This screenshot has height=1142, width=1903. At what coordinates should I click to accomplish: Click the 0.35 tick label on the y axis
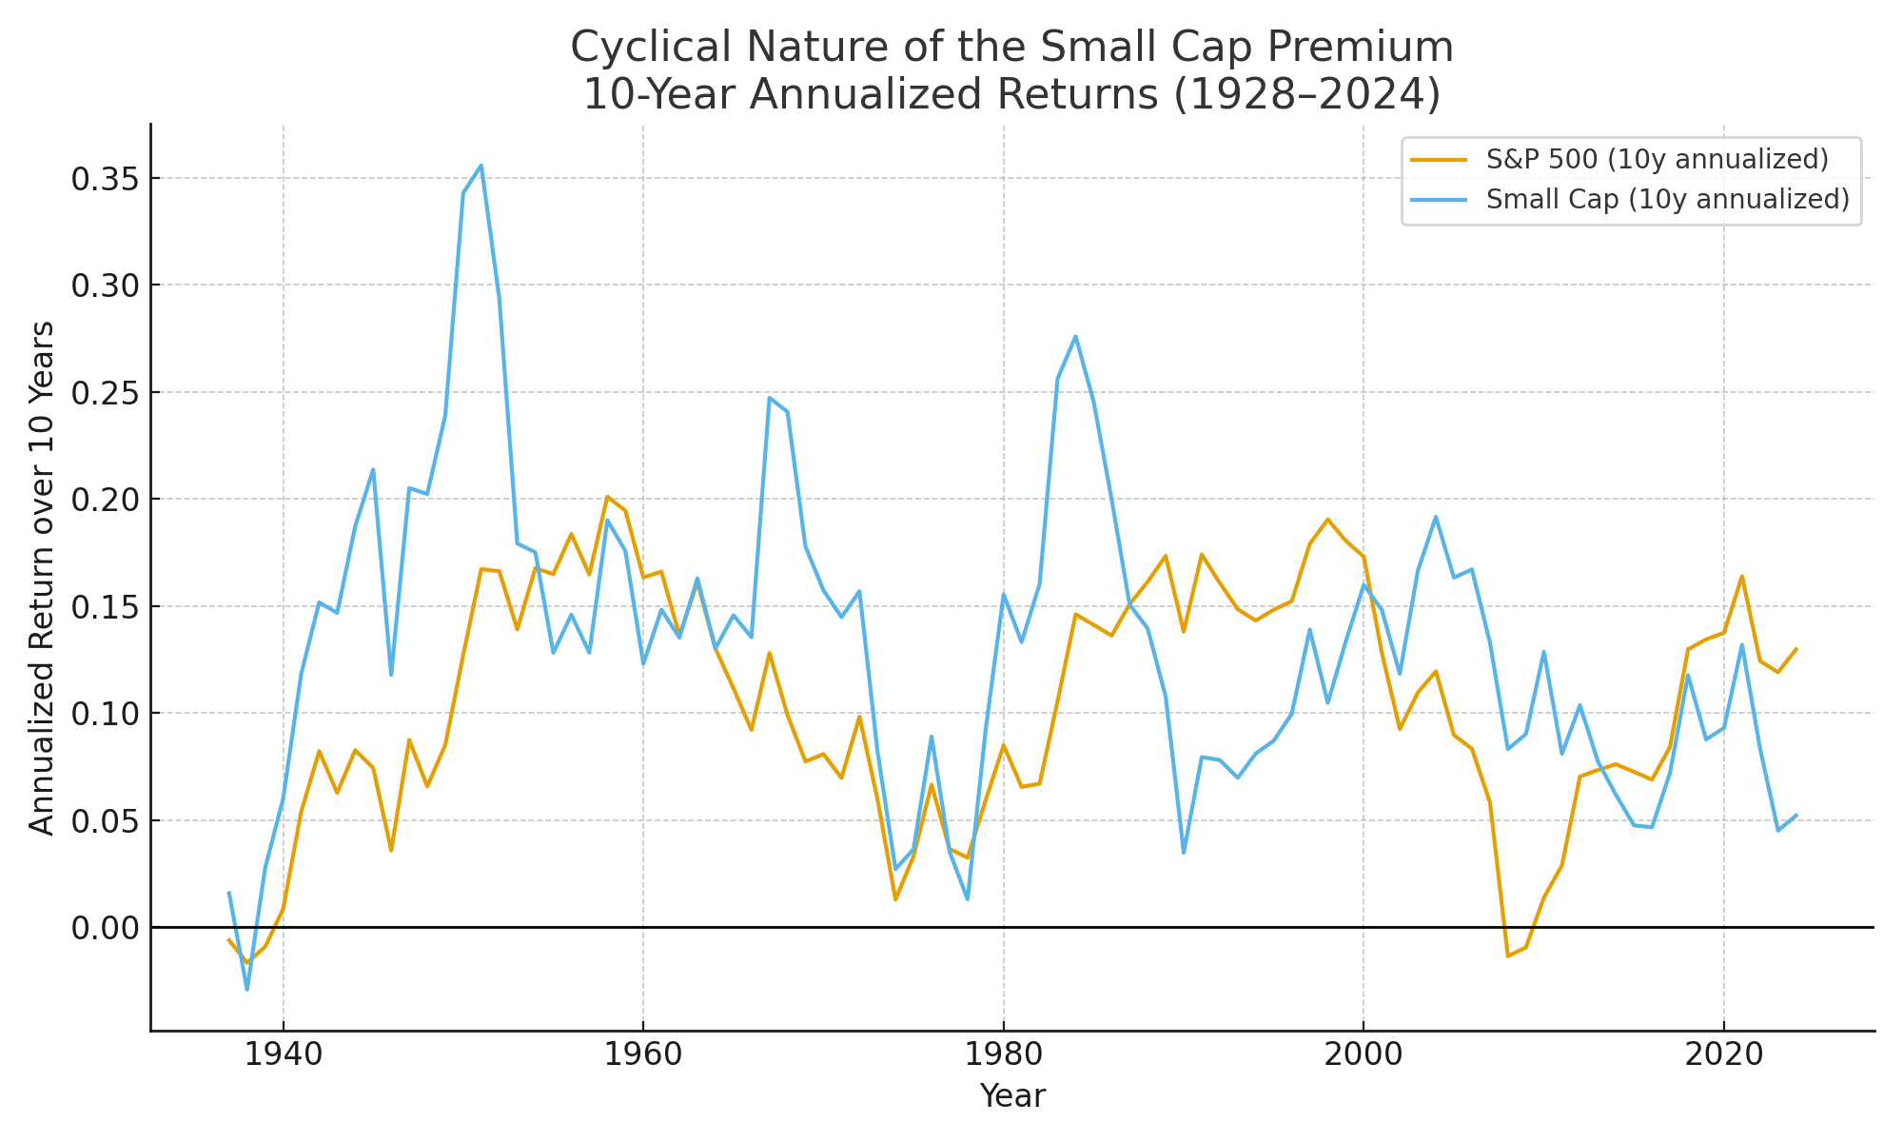pyautogui.click(x=104, y=179)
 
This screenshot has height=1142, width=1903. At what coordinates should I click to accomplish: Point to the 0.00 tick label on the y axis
pyautogui.click(x=104, y=928)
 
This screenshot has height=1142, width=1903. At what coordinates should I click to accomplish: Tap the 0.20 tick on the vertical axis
pyautogui.click(x=104, y=500)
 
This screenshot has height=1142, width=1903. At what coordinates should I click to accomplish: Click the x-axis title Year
pyautogui.click(x=1012, y=1097)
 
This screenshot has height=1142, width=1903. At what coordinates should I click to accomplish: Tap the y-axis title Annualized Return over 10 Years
pyautogui.click(x=42, y=578)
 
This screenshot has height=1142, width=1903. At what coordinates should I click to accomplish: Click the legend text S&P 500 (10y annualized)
pyautogui.click(x=1657, y=160)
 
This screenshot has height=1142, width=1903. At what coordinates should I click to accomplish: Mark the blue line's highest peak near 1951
pyautogui.click(x=481, y=166)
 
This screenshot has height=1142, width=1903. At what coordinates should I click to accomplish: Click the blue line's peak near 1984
pyautogui.click(x=1075, y=336)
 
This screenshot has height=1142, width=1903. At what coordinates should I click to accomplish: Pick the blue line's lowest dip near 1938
pyautogui.click(x=247, y=990)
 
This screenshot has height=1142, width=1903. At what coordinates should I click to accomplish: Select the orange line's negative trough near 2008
pyautogui.click(x=1507, y=955)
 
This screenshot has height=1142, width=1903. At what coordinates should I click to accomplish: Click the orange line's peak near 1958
pyautogui.click(x=607, y=497)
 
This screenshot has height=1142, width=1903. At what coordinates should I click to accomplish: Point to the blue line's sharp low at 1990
pyautogui.click(x=1184, y=852)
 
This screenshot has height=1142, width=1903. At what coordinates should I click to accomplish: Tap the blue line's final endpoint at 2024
pyautogui.click(x=1795, y=815)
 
